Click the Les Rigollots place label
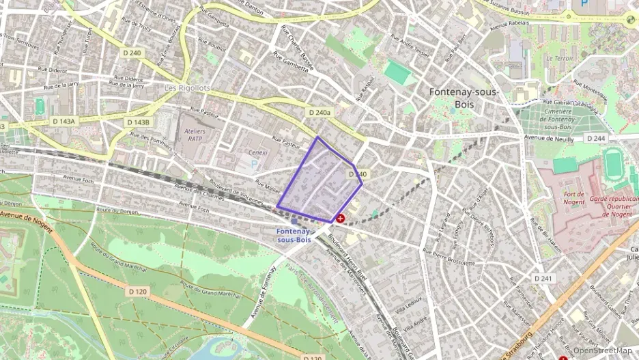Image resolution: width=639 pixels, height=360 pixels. (x=188, y=89)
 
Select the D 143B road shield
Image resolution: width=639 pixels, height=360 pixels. (x=137, y=122)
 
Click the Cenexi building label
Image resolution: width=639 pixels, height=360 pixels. (x=258, y=152)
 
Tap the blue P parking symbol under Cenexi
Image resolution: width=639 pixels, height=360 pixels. (x=255, y=164)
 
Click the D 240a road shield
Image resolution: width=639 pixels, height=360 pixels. (x=319, y=112)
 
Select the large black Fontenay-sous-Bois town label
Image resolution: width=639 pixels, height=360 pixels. (x=464, y=98)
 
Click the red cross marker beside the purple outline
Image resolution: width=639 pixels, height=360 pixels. (x=340, y=219)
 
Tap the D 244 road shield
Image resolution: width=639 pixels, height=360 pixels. (x=595, y=138)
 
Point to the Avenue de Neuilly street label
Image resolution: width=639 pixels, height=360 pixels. (x=548, y=137)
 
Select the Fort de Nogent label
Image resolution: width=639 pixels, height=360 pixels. (x=573, y=199)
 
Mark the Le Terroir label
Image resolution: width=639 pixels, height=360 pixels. (x=560, y=59)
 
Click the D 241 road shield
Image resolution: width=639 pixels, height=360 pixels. (x=543, y=278)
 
